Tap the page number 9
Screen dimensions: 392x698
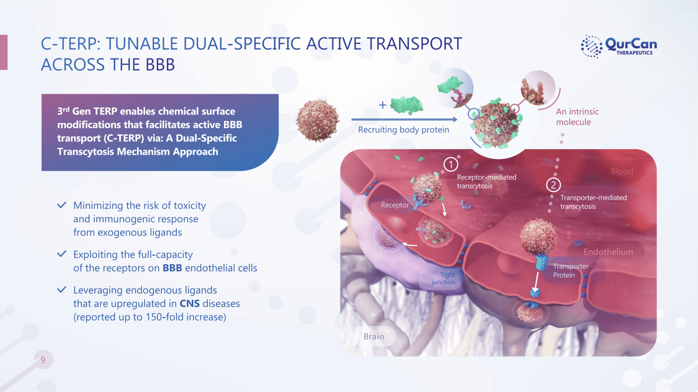pyautogui.click(x=43, y=360)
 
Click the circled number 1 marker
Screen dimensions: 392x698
pyautogui.click(x=451, y=164)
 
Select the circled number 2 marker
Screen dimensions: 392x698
pyautogui.click(x=553, y=185)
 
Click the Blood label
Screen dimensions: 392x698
pyautogui.click(x=622, y=171)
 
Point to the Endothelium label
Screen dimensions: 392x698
pyautogui.click(x=608, y=252)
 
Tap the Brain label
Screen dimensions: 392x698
pyautogui.click(x=374, y=336)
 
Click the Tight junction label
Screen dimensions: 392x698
pyautogui.click(x=443, y=278)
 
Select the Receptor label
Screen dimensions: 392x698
pyautogui.click(x=394, y=205)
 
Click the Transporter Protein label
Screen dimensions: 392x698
pyautogui.click(x=571, y=270)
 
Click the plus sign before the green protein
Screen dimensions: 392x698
pyautogui.click(x=383, y=105)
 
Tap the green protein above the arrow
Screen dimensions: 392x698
pyautogui.click(x=407, y=105)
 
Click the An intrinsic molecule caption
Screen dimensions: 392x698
pyautogui.click(x=577, y=117)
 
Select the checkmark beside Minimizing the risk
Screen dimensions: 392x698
pyautogui.click(x=62, y=205)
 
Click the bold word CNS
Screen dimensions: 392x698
pyautogui.click(x=189, y=303)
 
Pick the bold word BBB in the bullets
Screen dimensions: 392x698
pyautogui.click(x=172, y=268)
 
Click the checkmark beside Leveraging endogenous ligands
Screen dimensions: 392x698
pyautogui.click(x=62, y=290)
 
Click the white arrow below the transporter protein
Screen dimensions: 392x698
pyautogui.click(x=536, y=281)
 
